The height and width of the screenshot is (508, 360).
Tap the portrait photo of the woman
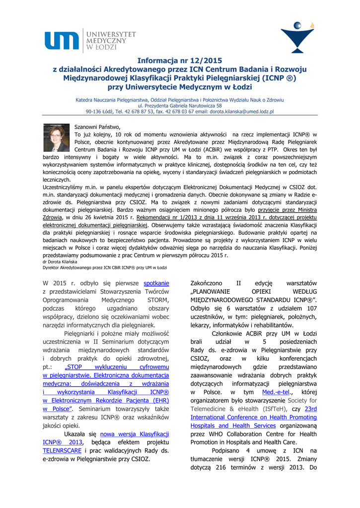pos(56,137)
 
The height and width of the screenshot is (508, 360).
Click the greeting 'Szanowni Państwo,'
pos(94,127)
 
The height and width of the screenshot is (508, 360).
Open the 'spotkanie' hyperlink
pos(156,283)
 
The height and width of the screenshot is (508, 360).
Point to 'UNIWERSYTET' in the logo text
pos(112,34)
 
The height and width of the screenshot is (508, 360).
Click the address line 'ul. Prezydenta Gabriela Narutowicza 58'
pos(180,106)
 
